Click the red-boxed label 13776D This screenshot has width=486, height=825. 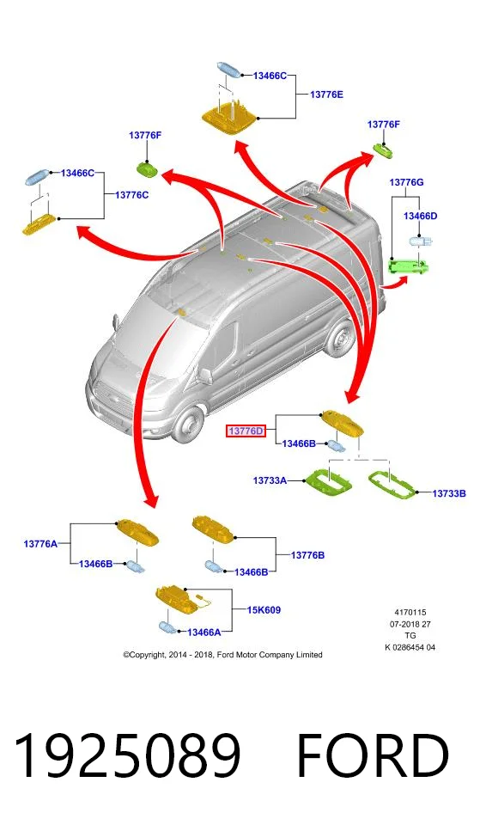coord(246,431)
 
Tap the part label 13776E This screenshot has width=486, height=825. coord(326,95)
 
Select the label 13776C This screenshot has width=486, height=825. coord(131,195)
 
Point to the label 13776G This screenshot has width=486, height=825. coord(406,182)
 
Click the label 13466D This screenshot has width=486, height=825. coord(420,217)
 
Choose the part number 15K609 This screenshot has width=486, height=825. coord(264,610)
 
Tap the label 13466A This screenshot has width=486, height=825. coord(204,632)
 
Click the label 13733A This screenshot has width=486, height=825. coord(270,480)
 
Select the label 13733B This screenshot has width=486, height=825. coord(449,493)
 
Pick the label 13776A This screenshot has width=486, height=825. coord(40,544)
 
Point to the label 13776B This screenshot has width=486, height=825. coord(307,555)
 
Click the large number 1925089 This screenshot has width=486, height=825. coord(127,756)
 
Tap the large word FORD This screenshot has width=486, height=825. coord(373,756)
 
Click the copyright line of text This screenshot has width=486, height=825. coord(222,655)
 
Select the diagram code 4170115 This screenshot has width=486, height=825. coord(410,613)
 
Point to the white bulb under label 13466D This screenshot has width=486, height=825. coord(421,242)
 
